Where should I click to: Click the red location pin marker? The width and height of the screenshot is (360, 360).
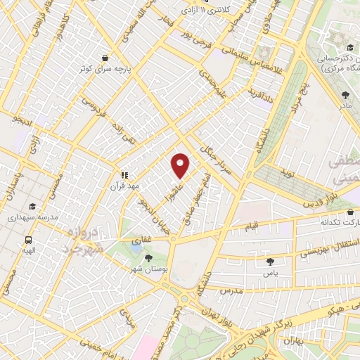pyautogui.click(x=181, y=166)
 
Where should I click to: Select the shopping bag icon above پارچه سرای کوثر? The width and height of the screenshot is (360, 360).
pyautogui.click(x=105, y=58)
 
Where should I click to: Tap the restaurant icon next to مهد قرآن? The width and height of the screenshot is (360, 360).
pyautogui.click(x=124, y=175)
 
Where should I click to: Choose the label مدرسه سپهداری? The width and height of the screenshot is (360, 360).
pyautogui.click(x=32, y=218)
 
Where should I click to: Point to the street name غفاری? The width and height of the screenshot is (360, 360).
pyautogui.click(x=142, y=240)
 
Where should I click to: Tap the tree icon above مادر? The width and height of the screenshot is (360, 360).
pyautogui.click(x=344, y=95)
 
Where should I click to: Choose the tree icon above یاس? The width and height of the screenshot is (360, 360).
pyautogui.click(x=269, y=261)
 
